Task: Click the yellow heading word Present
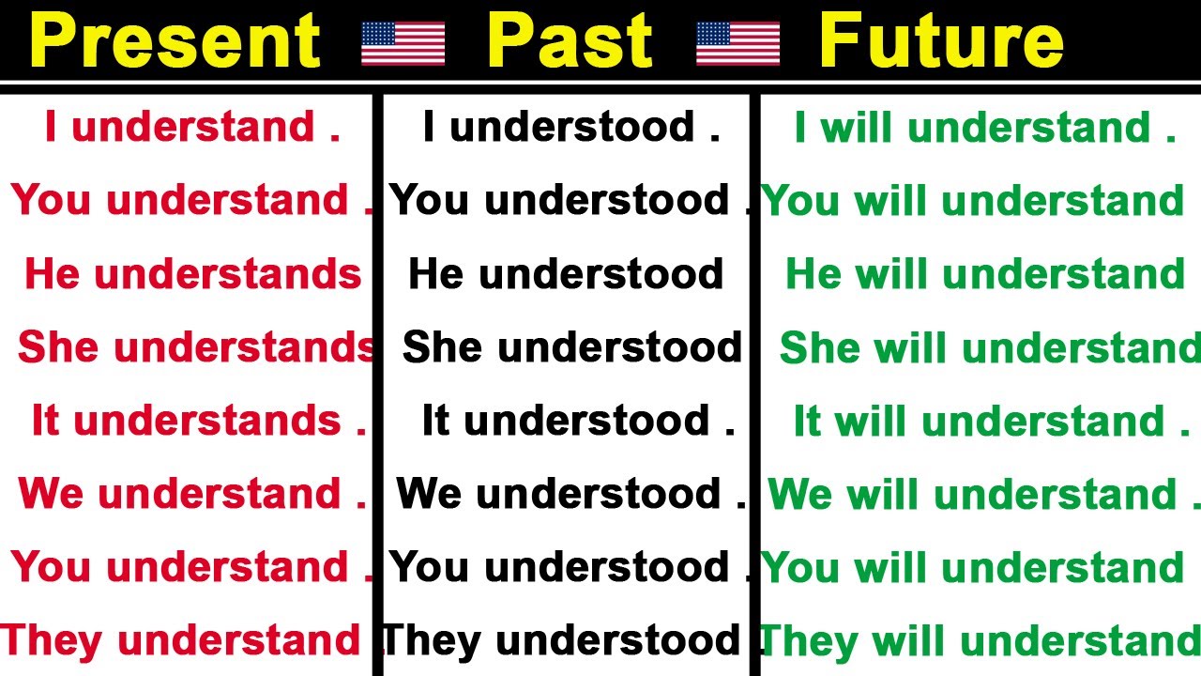pos(175,41)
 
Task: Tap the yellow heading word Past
pos(570,41)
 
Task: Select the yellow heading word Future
pos(941,41)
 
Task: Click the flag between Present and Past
pos(403,43)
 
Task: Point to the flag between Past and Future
pos(737,43)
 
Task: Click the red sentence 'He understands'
pos(193,274)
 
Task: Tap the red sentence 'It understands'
pos(198,421)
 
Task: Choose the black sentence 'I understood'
pos(570,128)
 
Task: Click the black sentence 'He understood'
pos(566,274)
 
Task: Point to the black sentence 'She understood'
pos(572,347)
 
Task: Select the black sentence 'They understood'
pos(566,640)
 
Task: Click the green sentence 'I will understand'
pos(984,128)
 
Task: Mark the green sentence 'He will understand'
pos(985,274)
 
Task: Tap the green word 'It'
pos(807,421)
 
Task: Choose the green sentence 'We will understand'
pos(973,494)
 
